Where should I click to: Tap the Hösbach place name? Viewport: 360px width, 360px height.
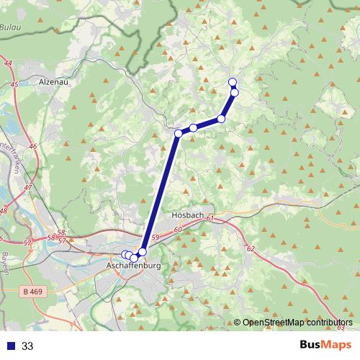[189, 215]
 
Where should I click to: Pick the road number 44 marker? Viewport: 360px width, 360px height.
[8, 65]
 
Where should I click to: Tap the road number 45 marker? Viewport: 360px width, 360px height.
[15, 85]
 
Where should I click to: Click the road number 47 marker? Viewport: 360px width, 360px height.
[28, 188]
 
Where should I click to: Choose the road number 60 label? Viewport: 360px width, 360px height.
[178, 229]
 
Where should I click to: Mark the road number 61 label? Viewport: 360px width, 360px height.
[210, 218]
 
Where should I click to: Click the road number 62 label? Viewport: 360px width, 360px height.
[251, 248]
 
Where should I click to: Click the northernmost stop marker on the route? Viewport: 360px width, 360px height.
[232, 81]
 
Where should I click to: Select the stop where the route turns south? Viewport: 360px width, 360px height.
[179, 133]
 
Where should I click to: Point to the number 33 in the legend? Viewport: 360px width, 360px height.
[28, 346]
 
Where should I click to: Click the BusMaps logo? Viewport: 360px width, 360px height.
[325, 345]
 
